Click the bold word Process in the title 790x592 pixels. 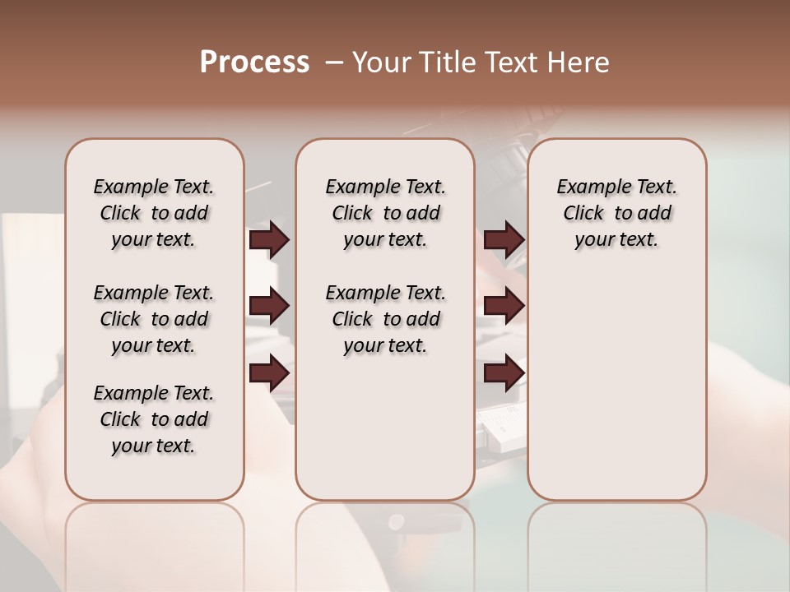[x=254, y=62]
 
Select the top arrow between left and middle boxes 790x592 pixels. [x=269, y=240]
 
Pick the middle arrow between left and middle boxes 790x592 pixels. [x=269, y=307]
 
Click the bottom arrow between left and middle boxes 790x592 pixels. [x=269, y=373]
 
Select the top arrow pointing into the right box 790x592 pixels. [x=504, y=240]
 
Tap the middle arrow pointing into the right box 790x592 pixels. [x=504, y=307]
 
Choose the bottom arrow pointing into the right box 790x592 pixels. [x=504, y=373]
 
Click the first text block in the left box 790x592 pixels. [x=154, y=213]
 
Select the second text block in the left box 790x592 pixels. [x=154, y=319]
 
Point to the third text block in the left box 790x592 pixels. [x=154, y=419]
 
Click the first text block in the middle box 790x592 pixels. [x=385, y=213]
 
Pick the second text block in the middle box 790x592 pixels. [x=385, y=319]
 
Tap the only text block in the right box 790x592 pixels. [x=617, y=213]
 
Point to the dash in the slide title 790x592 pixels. [x=334, y=62]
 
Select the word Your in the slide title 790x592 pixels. [x=382, y=62]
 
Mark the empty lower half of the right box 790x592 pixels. [x=617, y=395]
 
